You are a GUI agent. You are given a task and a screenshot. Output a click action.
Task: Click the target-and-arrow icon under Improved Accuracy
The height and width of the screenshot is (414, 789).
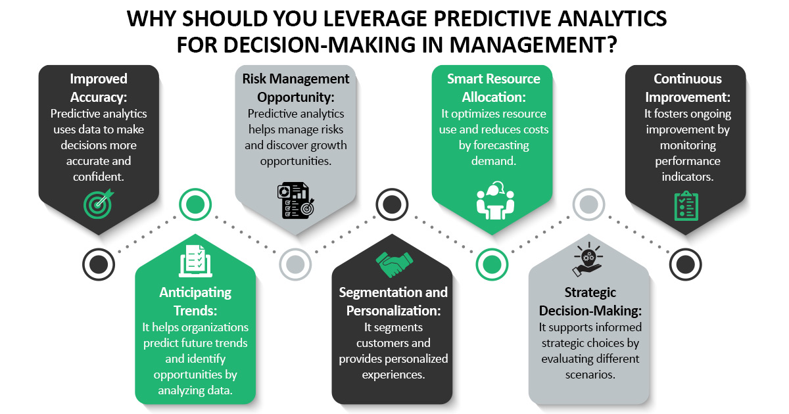[x=99, y=203]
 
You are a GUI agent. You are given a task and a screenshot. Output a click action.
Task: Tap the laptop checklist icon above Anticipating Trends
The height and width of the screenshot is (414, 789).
[x=195, y=261]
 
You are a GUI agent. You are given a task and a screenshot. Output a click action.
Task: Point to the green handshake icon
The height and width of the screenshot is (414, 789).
[x=393, y=265]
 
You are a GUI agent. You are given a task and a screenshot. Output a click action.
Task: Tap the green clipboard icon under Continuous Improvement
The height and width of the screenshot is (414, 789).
[x=686, y=205]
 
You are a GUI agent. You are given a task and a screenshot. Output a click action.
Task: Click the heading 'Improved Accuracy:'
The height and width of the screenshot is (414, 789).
[x=99, y=87]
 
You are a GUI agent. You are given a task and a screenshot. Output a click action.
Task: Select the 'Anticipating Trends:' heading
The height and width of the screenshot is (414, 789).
[x=195, y=300]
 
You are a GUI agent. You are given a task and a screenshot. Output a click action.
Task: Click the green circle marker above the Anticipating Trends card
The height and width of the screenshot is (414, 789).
[x=195, y=204]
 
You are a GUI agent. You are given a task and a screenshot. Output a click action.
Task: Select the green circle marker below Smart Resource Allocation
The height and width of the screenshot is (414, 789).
[x=491, y=264]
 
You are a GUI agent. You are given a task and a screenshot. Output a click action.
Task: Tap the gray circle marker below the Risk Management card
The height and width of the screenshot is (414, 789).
[x=295, y=264]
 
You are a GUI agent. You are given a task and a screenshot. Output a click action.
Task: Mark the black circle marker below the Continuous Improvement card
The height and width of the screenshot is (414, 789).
[x=686, y=264]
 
